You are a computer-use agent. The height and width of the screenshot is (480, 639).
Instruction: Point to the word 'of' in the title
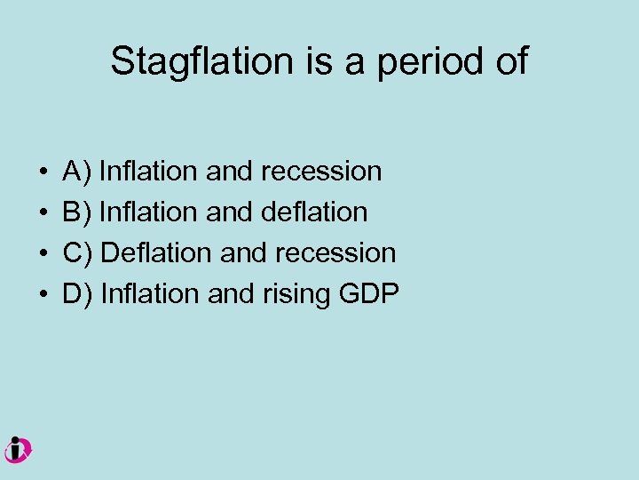(509, 61)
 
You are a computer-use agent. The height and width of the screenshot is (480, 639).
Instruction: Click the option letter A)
(77, 172)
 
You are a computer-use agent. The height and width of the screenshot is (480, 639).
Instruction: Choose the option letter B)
(77, 212)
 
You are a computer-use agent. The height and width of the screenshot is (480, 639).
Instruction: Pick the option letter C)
(78, 253)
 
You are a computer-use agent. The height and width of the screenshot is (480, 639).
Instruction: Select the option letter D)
(78, 294)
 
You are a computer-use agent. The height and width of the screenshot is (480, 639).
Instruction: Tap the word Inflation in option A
(149, 172)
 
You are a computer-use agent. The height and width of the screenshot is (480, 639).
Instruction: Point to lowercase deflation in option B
(315, 212)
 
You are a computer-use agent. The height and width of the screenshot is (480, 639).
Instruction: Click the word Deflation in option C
(156, 253)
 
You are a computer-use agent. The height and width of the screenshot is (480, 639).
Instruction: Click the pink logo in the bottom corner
(17, 450)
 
